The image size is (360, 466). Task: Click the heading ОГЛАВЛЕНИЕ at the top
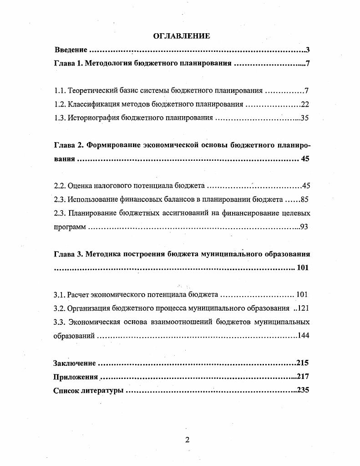pyautogui.click(x=182, y=36)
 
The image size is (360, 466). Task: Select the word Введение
pyautogui.click(x=71, y=50)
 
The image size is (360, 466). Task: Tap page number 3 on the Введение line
pyautogui.click(x=308, y=50)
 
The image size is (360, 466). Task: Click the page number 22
pyautogui.click(x=305, y=104)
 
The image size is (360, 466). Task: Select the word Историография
pyautogui.click(x=95, y=118)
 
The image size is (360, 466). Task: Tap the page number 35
pyautogui.click(x=305, y=118)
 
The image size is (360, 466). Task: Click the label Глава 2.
pyautogui.click(x=67, y=145)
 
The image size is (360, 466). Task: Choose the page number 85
pyautogui.click(x=305, y=199)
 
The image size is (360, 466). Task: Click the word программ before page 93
pyautogui.click(x=70, y=226)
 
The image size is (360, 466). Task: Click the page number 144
pyautogui.click(x=303, y=336)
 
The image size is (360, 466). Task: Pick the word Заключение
pyautogui.click(x=75, y=363)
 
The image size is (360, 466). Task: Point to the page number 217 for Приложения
pyautogui.click(x=303, y=377)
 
